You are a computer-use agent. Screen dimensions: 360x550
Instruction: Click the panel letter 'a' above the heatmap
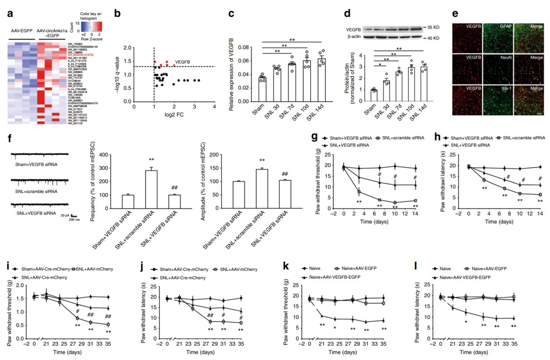click(10, 13)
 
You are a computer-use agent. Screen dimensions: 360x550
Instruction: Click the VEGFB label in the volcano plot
click(183, 62)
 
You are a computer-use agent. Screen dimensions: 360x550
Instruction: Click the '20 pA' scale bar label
click(66, 215)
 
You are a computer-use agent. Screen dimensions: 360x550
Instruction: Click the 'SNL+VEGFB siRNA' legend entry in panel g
click(347, 145)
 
